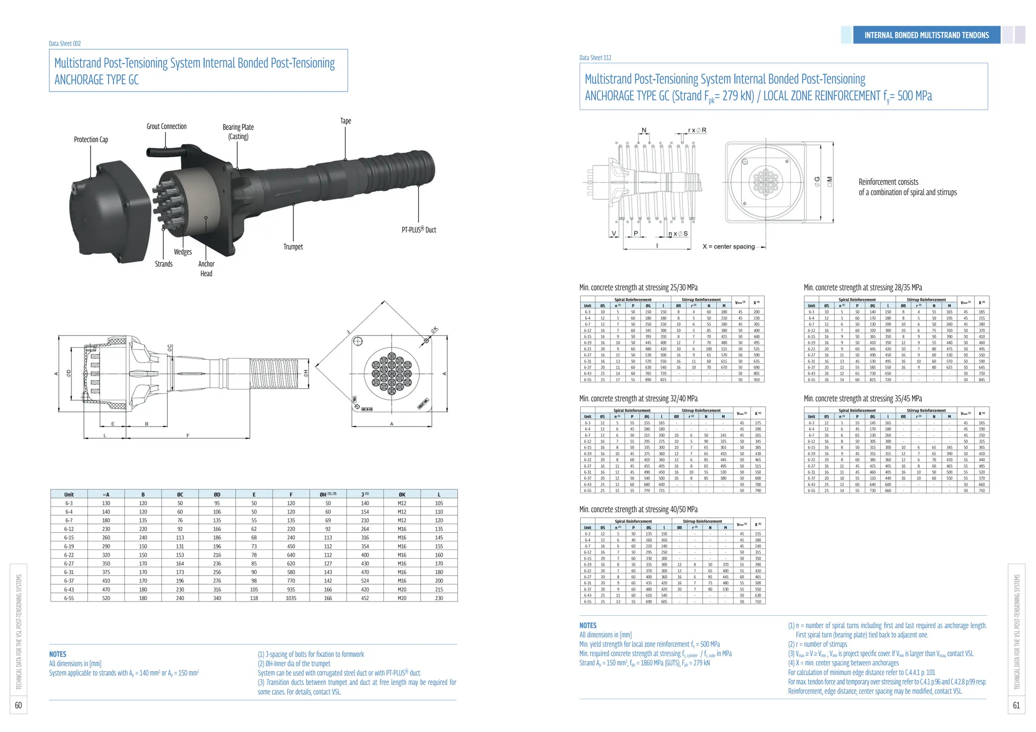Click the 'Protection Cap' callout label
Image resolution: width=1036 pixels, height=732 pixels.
click(x=91, y=140)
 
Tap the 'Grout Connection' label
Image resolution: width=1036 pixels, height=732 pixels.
click(x=166, y=126)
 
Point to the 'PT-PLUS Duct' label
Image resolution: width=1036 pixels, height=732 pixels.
click(x=419, y=230)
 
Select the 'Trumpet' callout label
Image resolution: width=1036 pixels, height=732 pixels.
click(x=293, y=247)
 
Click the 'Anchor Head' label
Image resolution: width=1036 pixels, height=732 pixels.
click(x=206, y=268)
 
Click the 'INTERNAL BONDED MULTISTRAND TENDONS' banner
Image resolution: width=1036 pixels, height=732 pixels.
click(x=926, y=35)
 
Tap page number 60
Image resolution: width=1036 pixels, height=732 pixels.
click(x=18, y=705)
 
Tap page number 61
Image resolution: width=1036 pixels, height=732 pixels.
click(x=1016, y=705)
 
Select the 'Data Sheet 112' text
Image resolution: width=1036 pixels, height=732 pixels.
click(x=595, y=58)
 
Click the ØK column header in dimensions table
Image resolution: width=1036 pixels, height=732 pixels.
click(x=402, y=494)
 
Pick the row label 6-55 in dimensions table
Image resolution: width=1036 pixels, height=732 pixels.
click(x=69, y=598)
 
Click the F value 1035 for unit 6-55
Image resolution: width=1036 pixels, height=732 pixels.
click(x=291, y=598)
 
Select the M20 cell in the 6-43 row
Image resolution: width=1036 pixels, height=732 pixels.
click(x=402, y=589)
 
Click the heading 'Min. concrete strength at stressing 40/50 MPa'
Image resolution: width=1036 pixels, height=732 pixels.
click(x=638, y=509)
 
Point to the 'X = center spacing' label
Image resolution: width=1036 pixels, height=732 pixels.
click(x=728, y=246)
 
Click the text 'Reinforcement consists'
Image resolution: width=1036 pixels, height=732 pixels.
click(x=888, y=182)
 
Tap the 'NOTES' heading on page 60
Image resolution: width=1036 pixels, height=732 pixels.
click(x=58, y=654)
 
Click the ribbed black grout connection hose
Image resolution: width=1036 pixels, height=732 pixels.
click(x=163, y=151)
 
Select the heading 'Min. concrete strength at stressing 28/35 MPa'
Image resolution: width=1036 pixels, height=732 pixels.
click(x=862, y=287)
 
